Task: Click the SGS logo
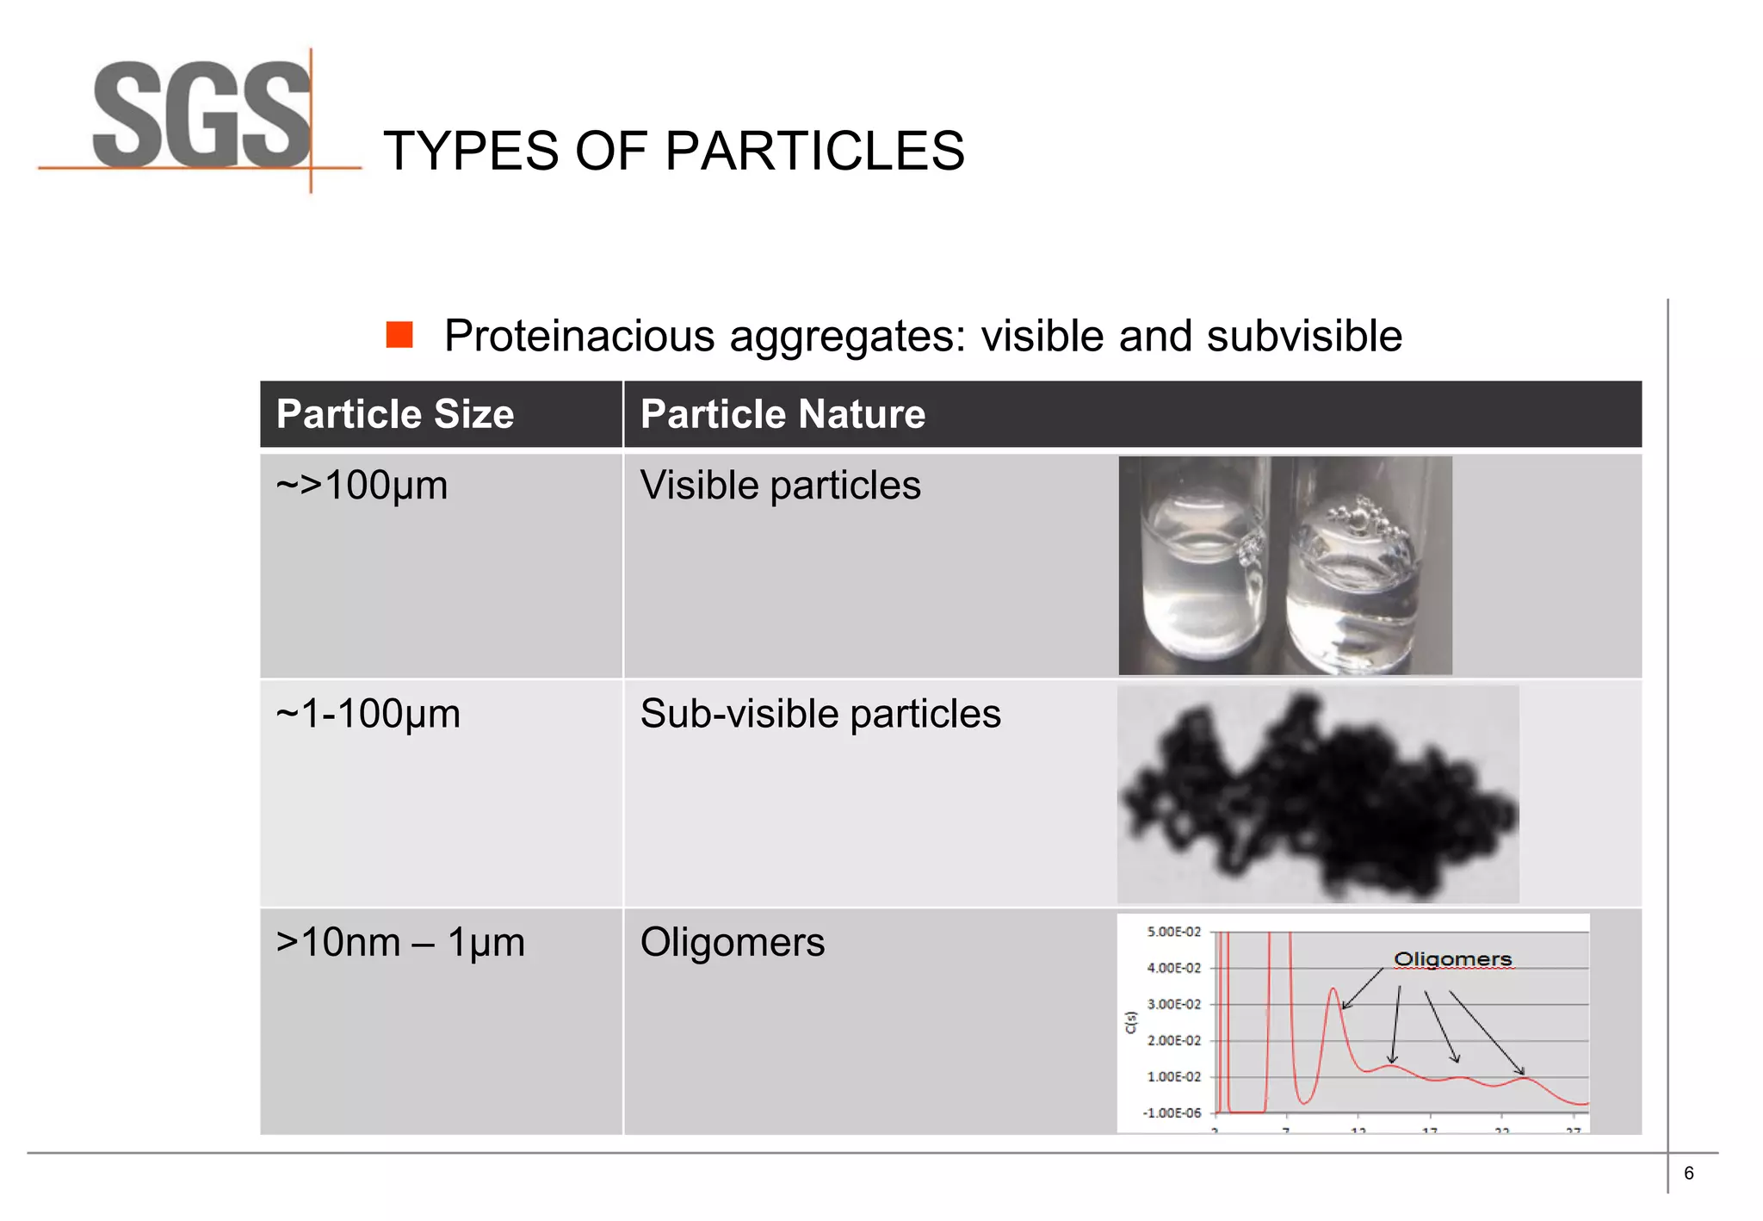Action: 201,116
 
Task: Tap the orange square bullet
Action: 399,335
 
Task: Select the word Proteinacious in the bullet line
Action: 579,336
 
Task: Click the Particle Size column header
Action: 395,414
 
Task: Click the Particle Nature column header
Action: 783,414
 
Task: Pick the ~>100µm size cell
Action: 362,486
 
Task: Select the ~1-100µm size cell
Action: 368,714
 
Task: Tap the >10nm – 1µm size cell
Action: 400,942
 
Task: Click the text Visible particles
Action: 780,486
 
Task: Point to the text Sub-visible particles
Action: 820,714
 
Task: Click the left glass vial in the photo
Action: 1197,568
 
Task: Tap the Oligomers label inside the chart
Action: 1452,959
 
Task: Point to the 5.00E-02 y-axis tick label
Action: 1173,932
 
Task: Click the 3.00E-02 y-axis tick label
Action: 1173,1004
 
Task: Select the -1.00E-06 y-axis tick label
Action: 1172,1113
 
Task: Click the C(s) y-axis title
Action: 1131,1022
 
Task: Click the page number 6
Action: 1688,1174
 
